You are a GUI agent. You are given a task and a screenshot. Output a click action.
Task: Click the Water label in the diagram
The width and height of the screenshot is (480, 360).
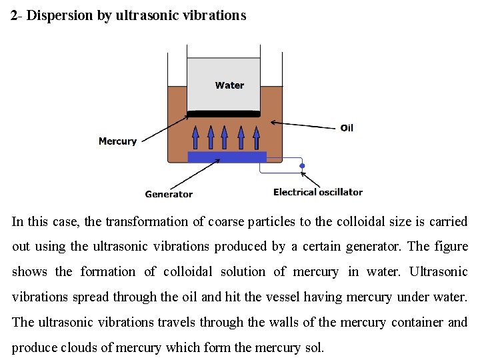(x=229, y=85)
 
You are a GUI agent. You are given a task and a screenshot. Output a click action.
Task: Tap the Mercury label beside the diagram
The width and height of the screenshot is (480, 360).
(x=117, y=141)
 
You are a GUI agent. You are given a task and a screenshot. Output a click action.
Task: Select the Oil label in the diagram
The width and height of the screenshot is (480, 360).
(x=347, y=128)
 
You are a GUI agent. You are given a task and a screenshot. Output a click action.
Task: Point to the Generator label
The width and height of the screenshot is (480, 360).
(x=169, y=194)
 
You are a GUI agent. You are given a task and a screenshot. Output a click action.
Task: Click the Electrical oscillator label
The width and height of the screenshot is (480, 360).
(x=318, y=192)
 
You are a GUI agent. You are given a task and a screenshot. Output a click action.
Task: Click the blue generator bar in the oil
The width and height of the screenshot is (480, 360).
(x=227, y=157)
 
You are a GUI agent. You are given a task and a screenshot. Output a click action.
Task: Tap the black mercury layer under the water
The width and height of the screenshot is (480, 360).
(x=223, y=113)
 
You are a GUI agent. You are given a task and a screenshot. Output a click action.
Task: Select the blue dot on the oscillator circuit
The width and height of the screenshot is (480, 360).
(x=302, y=166)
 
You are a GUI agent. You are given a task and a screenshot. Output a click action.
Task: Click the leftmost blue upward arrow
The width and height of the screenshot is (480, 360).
(x=195, y=137)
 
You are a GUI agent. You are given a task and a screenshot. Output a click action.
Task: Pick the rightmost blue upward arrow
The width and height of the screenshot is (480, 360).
(x=257, y=137)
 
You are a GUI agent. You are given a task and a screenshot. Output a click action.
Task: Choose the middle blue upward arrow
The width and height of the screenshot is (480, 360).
(x=225, y=137)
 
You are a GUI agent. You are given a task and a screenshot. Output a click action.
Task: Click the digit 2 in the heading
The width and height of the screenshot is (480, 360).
(x=14, y=15)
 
